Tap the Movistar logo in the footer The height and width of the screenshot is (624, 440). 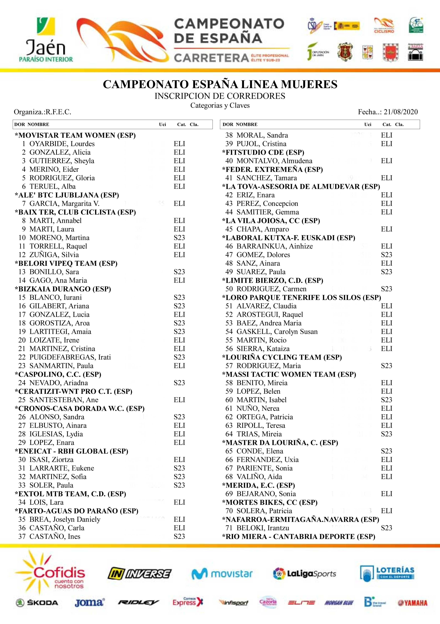[222, 573]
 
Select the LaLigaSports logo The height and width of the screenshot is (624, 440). [304, 573]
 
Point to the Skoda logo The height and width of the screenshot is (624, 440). [37, 603]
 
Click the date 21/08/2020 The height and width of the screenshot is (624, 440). [400, 112]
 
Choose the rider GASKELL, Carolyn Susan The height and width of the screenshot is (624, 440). [277, 332]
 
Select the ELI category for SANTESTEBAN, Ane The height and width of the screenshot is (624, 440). [179, 400]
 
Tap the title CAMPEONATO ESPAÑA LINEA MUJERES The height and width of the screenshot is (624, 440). [220, 84]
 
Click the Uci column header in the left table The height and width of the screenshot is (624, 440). [163, 125]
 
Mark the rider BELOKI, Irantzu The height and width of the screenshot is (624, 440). [263, 528]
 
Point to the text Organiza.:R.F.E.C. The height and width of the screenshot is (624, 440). [43, 112]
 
